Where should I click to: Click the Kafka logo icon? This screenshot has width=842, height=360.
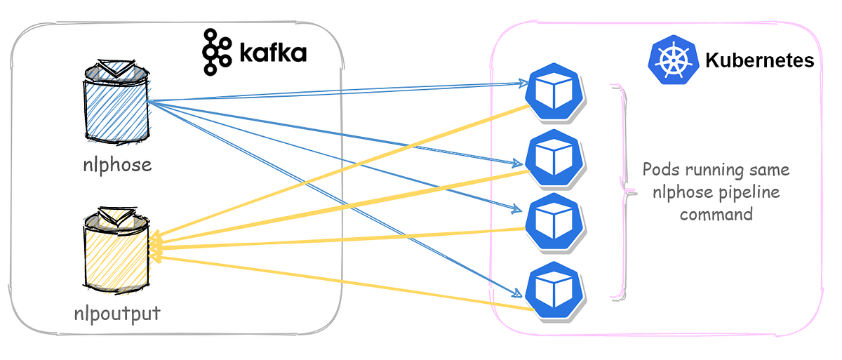coord(217,52)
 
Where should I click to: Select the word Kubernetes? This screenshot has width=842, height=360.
coord(759,60)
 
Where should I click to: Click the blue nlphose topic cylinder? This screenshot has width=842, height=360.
coord(115,108)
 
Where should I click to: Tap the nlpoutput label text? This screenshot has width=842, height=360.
coord(117,312)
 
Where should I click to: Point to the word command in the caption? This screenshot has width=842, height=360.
coord(716,213)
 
